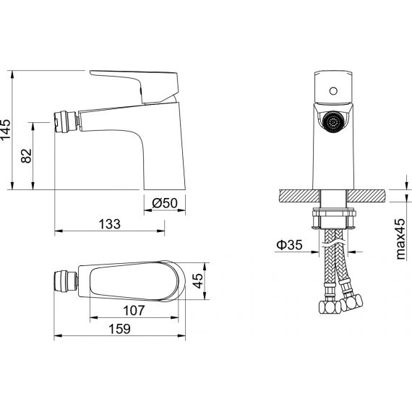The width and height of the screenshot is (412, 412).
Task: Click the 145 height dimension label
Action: [6, 129]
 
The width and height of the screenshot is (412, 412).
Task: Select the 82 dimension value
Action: [26, 156]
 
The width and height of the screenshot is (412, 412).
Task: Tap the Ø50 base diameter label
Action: [165, 203]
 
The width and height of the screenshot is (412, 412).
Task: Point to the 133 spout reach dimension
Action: [110, 224]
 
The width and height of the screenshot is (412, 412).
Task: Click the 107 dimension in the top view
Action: [134, 311]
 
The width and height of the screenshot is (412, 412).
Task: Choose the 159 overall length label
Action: [119, 329]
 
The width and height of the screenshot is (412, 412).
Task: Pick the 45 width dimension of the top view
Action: [197, 281]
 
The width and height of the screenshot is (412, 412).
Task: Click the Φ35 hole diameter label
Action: [289, 245]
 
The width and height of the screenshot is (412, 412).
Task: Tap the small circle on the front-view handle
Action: [333, 91]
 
